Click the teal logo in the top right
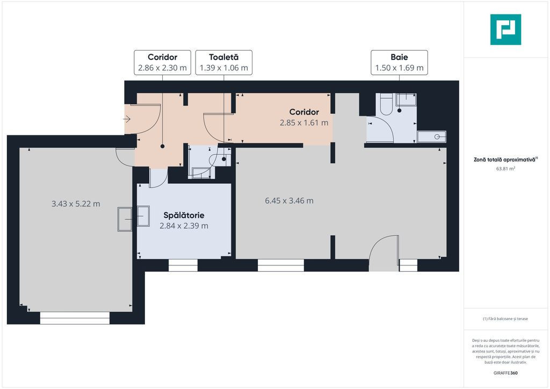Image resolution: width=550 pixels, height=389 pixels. pyautogui.click(x=505, y=30)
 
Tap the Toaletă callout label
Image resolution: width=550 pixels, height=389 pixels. pyautogui.click(x=224, y=62)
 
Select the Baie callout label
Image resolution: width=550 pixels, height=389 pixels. pyautogui.click(x=399, y=62)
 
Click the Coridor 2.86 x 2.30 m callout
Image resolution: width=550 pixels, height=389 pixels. pyautogui.click(x=162, y=62)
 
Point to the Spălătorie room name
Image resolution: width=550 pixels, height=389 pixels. pyautogui.click(x=184, y=215)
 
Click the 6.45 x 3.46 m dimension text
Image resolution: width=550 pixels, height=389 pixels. pyautogui.click(x=289, y=200)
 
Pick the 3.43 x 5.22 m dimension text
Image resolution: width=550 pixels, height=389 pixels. pyautogui.click(x=76, y=204)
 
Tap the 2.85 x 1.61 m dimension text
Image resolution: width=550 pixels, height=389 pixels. pyautogui.click(x=304, y=123)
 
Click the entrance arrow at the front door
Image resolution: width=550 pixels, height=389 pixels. pyautogui.click(x=127, y=119)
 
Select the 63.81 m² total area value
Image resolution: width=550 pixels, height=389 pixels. pyautogui.click(x=505, y=168)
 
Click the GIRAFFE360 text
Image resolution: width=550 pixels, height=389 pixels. pyautogui.click(x=505, y=373)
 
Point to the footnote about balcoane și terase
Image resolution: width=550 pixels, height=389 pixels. pyautogui.click(x=505, y=319)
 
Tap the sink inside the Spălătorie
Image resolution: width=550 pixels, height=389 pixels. pyautogui.click(x=143, y=217)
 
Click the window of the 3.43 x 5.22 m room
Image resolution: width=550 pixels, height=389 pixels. pyautogui.click(x=75, y=318)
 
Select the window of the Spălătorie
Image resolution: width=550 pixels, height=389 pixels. pyautogui.click(x=183, y=265)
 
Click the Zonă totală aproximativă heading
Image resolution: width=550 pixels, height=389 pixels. pyautogui.click(x=505, y=160)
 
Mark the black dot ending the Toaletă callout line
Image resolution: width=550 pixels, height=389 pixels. pyautogui.click(x=224, y=159)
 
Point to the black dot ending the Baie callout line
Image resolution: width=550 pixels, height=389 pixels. pyautogui.click(x=399, y=111)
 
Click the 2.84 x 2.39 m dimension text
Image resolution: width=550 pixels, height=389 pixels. pyautogui.click(x=184, y=226)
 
